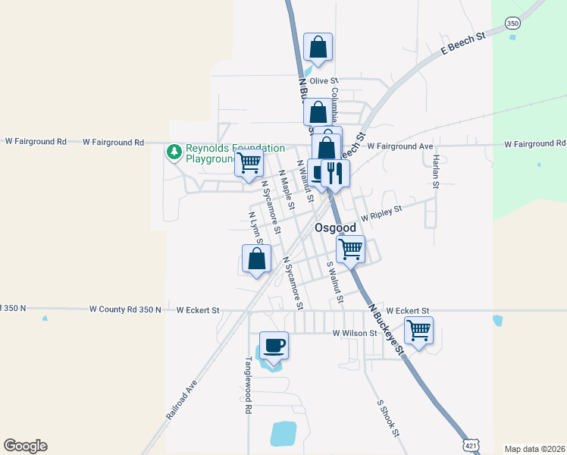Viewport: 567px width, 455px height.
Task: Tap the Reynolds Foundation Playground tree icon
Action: [174, 153]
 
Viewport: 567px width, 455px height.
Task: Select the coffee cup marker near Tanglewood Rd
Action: [274, 346]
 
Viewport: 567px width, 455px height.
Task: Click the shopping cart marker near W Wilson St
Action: [418, 331]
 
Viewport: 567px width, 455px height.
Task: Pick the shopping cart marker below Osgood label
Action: [350, 249]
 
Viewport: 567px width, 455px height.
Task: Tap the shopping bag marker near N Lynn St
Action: [257, 259]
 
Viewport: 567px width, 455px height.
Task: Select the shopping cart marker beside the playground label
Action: [249, 162]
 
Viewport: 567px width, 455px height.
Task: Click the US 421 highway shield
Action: [471, 444]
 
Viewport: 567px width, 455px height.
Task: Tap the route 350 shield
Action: [513, 23]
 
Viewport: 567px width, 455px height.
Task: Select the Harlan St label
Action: [436, 171]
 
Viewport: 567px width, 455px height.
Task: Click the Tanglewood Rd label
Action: [248, 385]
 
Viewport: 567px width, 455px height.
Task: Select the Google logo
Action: [25, 446]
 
